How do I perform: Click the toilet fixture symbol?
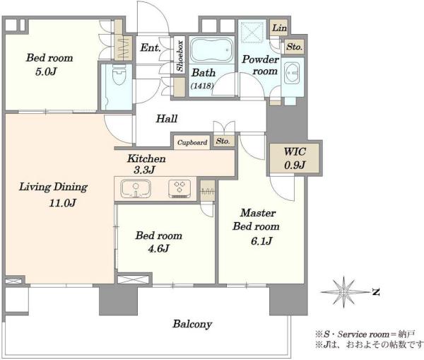tap(119, 74)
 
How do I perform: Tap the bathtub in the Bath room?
tap(211, 50)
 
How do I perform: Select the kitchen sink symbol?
tap(136, 188)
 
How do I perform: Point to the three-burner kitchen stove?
tap(179, 188)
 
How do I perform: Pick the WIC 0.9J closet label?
tap(295, 158)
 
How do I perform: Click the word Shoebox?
tap(179, 56)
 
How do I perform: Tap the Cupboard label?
tap(192, 142)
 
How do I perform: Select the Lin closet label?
tap(279, 28)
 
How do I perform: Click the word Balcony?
tap(192, 324)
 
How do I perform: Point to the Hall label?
tap(167, 119)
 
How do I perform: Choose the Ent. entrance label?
tap(151, 48)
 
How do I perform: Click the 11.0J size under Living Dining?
tap(62, 203)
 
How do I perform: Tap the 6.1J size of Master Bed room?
tap(261, 240)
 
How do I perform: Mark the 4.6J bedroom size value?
tap(158, 248)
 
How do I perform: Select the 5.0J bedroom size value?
tap(46, 71)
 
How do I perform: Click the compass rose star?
tap(344, 292)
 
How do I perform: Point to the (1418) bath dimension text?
tap(202, 86)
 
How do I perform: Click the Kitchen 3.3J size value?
tap(144, 170)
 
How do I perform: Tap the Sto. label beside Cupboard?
tap(223, 141)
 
